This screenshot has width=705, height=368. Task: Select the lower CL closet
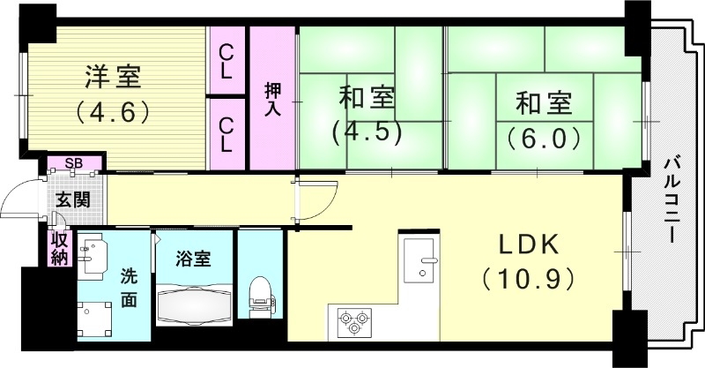pyautogui.click(x=226, y=132)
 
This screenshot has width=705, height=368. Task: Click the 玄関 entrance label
pyautogui.click(x=73, y=199)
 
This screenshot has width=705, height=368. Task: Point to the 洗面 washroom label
pyautogui.click(x=129, y=287)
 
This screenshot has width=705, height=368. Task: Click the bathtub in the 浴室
pyautogui.click(x=196, y=304)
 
